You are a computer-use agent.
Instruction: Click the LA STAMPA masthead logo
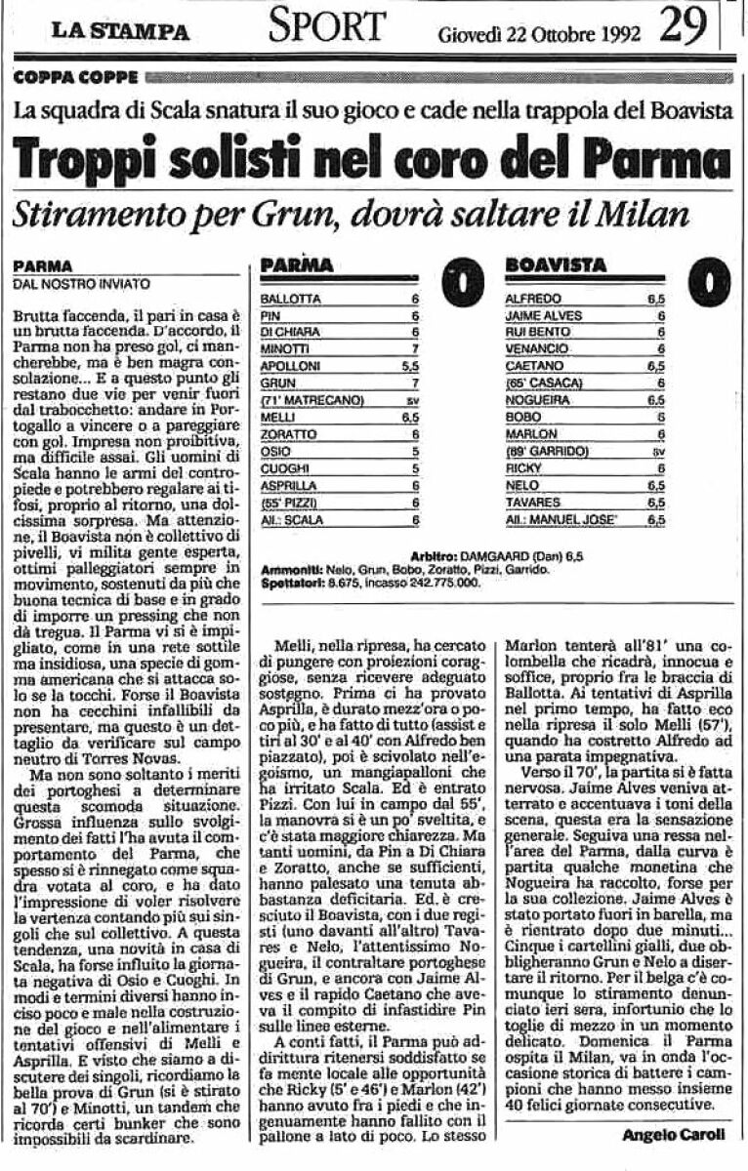(121, 31)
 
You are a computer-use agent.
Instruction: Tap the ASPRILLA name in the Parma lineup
(283, 485)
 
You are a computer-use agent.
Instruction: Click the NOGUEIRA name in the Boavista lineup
(536, 399)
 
